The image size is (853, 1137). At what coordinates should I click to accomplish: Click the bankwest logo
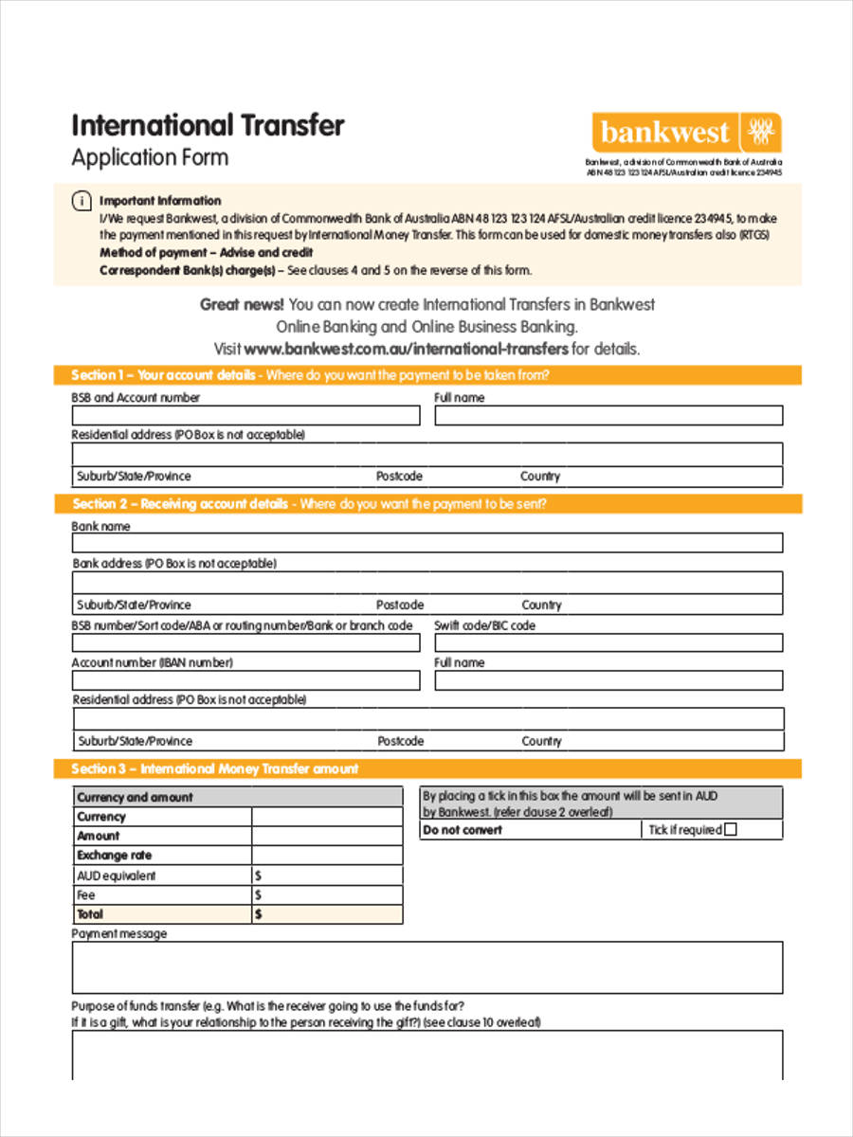[x=687, y=133]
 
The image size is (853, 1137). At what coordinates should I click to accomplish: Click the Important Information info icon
[x=82, y=201]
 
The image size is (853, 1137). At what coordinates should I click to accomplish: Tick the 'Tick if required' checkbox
[x=730, y=830]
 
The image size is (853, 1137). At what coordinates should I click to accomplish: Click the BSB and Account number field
[x=245, y=416]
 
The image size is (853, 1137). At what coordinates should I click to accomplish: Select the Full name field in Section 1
[x=608, y=416]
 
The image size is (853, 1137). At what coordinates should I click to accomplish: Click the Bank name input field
[x=427, y=543]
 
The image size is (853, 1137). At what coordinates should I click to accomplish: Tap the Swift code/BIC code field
[x=608, y=643]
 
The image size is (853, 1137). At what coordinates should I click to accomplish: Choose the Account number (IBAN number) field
[x=245, y=680]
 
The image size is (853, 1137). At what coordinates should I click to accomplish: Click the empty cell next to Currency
[x=327, y=817]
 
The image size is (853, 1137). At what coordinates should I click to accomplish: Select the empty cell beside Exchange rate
[x=327, y=856]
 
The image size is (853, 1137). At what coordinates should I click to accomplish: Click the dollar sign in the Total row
[x=259, y=914]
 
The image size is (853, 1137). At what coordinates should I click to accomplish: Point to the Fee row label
[x=86, y=894]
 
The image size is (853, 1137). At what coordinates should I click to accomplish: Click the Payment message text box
[x=427, y=967]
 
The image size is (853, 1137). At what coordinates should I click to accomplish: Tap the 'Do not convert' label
[x=463, y=830]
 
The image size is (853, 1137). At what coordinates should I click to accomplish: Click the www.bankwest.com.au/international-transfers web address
[x=407, y=349]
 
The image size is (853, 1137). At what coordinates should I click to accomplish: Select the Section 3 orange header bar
[x=427, y=768]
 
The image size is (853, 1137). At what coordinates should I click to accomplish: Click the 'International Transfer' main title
[x=209, y=125]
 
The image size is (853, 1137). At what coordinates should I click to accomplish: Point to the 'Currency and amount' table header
[x=135, y=797]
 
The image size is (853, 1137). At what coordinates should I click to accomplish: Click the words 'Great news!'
[x=242, y=304]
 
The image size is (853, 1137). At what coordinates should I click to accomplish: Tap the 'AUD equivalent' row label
[x=116, y=875]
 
